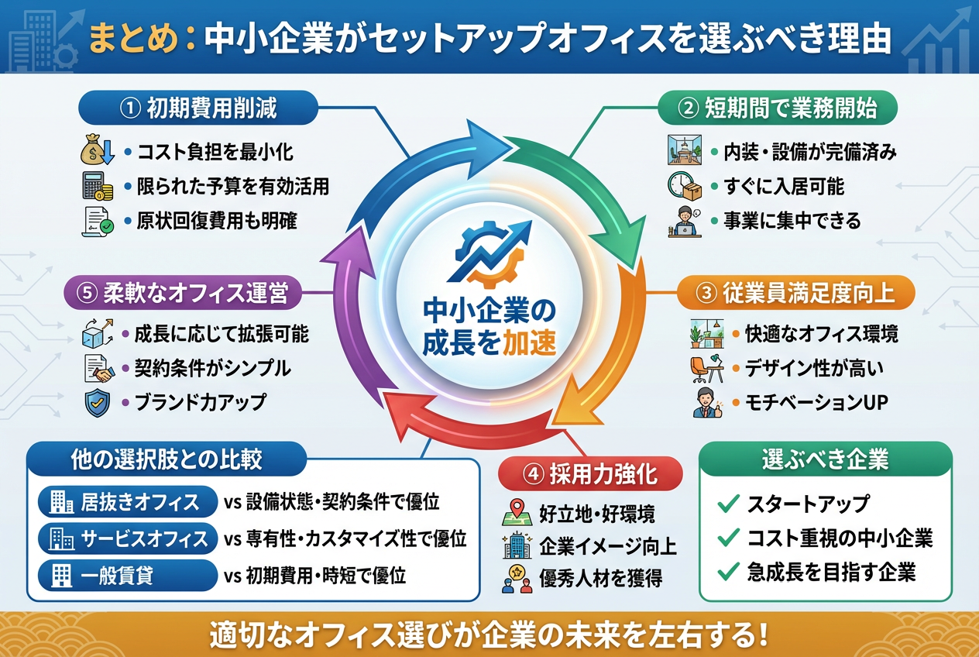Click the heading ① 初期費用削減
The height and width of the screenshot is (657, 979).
(198, 108)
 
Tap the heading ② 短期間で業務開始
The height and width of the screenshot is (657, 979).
(777, 108)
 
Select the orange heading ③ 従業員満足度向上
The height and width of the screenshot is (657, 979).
(796, 294)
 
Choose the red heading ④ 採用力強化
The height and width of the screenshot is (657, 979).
(590, 474)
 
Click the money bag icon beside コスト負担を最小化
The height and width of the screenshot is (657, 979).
(98, 150)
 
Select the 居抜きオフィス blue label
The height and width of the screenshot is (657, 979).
(128, 503)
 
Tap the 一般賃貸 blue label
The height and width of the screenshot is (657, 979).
(128, 575)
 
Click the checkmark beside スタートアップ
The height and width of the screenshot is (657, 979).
(727, 504)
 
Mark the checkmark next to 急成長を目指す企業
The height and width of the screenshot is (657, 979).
(727, 573)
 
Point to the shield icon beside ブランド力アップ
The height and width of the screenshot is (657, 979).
(98, 403)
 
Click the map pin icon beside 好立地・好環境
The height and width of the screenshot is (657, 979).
(514, 513)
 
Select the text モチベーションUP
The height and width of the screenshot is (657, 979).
(815, 403)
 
